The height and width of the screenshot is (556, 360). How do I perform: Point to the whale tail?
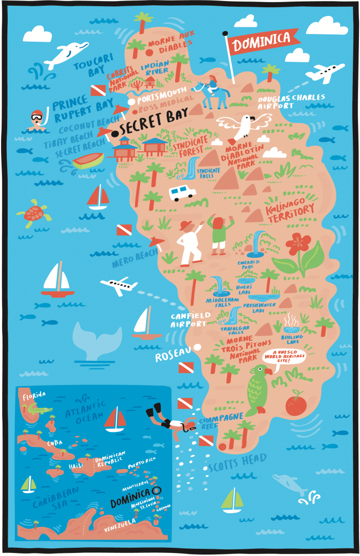coord(98,336)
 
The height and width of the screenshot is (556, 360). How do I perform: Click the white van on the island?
coord(182,193)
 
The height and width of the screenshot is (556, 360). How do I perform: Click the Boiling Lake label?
coord(292,339)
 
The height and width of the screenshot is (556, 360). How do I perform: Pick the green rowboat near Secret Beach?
coord(88,161)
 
